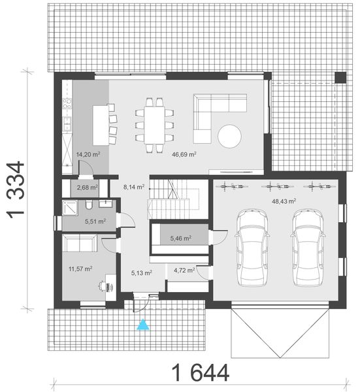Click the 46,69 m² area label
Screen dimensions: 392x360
[184, 155]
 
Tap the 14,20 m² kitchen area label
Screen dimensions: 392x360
[88, 155]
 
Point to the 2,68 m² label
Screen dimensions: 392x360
[88, 188]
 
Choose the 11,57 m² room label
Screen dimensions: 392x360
[79, 268]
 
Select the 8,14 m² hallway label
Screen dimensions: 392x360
[134, 186]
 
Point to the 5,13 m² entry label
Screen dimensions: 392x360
[141, 272]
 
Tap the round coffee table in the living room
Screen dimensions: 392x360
[230, 137]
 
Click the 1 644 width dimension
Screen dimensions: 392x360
[201, 373]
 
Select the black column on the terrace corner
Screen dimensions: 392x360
[340, 78]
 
